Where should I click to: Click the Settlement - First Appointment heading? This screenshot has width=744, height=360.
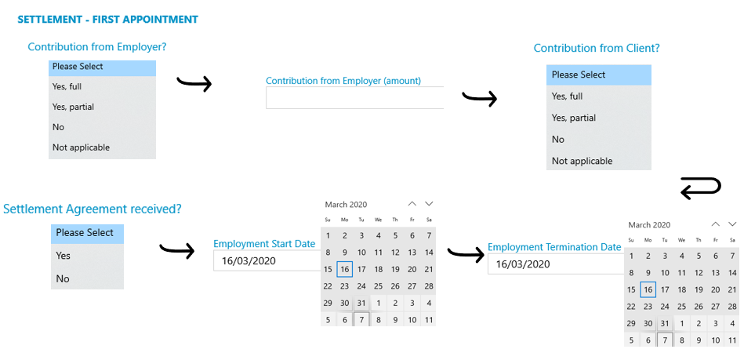(x=107, y=20)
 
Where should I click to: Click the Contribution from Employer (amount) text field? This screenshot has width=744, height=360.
(x=355, y=98)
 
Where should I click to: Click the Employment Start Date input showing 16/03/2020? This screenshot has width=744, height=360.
(x=267, y=260)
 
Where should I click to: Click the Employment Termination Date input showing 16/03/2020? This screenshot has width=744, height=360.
(x=556, y=264)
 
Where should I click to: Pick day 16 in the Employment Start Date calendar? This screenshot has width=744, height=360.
(x=345, y=269)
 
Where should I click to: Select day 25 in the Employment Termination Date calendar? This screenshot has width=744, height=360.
(x=682, y=307)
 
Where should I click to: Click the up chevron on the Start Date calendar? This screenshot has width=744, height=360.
(x=412, y=204)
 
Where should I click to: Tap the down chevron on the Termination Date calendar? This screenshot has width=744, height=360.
(x=732, y=224)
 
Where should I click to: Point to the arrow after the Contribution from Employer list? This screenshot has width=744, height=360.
(x=194, y=83)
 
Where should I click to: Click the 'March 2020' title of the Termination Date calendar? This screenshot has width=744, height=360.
(x=649, y=224)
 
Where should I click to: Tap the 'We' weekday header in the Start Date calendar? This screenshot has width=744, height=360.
(x=378, y=220)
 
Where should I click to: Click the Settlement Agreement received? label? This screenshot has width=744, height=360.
(x=93, y=209)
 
